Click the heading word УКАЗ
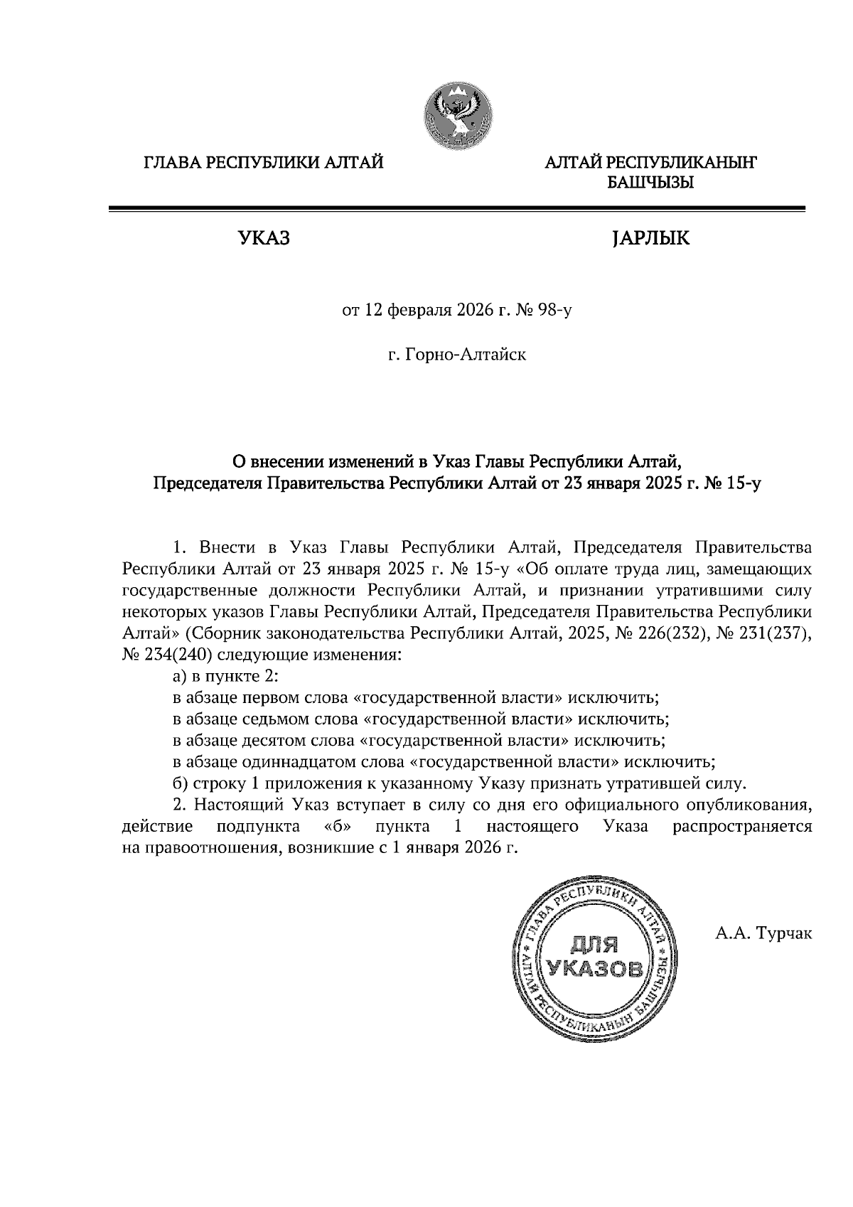coord(264,239)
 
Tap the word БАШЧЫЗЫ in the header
coord(650,183)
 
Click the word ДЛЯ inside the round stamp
coord(595,945)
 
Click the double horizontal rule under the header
coord(456,208)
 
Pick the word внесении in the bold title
coord(285,463)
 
